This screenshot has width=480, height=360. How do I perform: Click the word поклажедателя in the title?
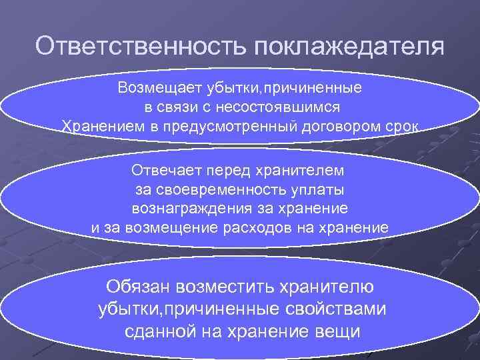coord(347,47)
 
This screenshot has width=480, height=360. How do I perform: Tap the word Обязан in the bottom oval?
coord(141,287)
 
